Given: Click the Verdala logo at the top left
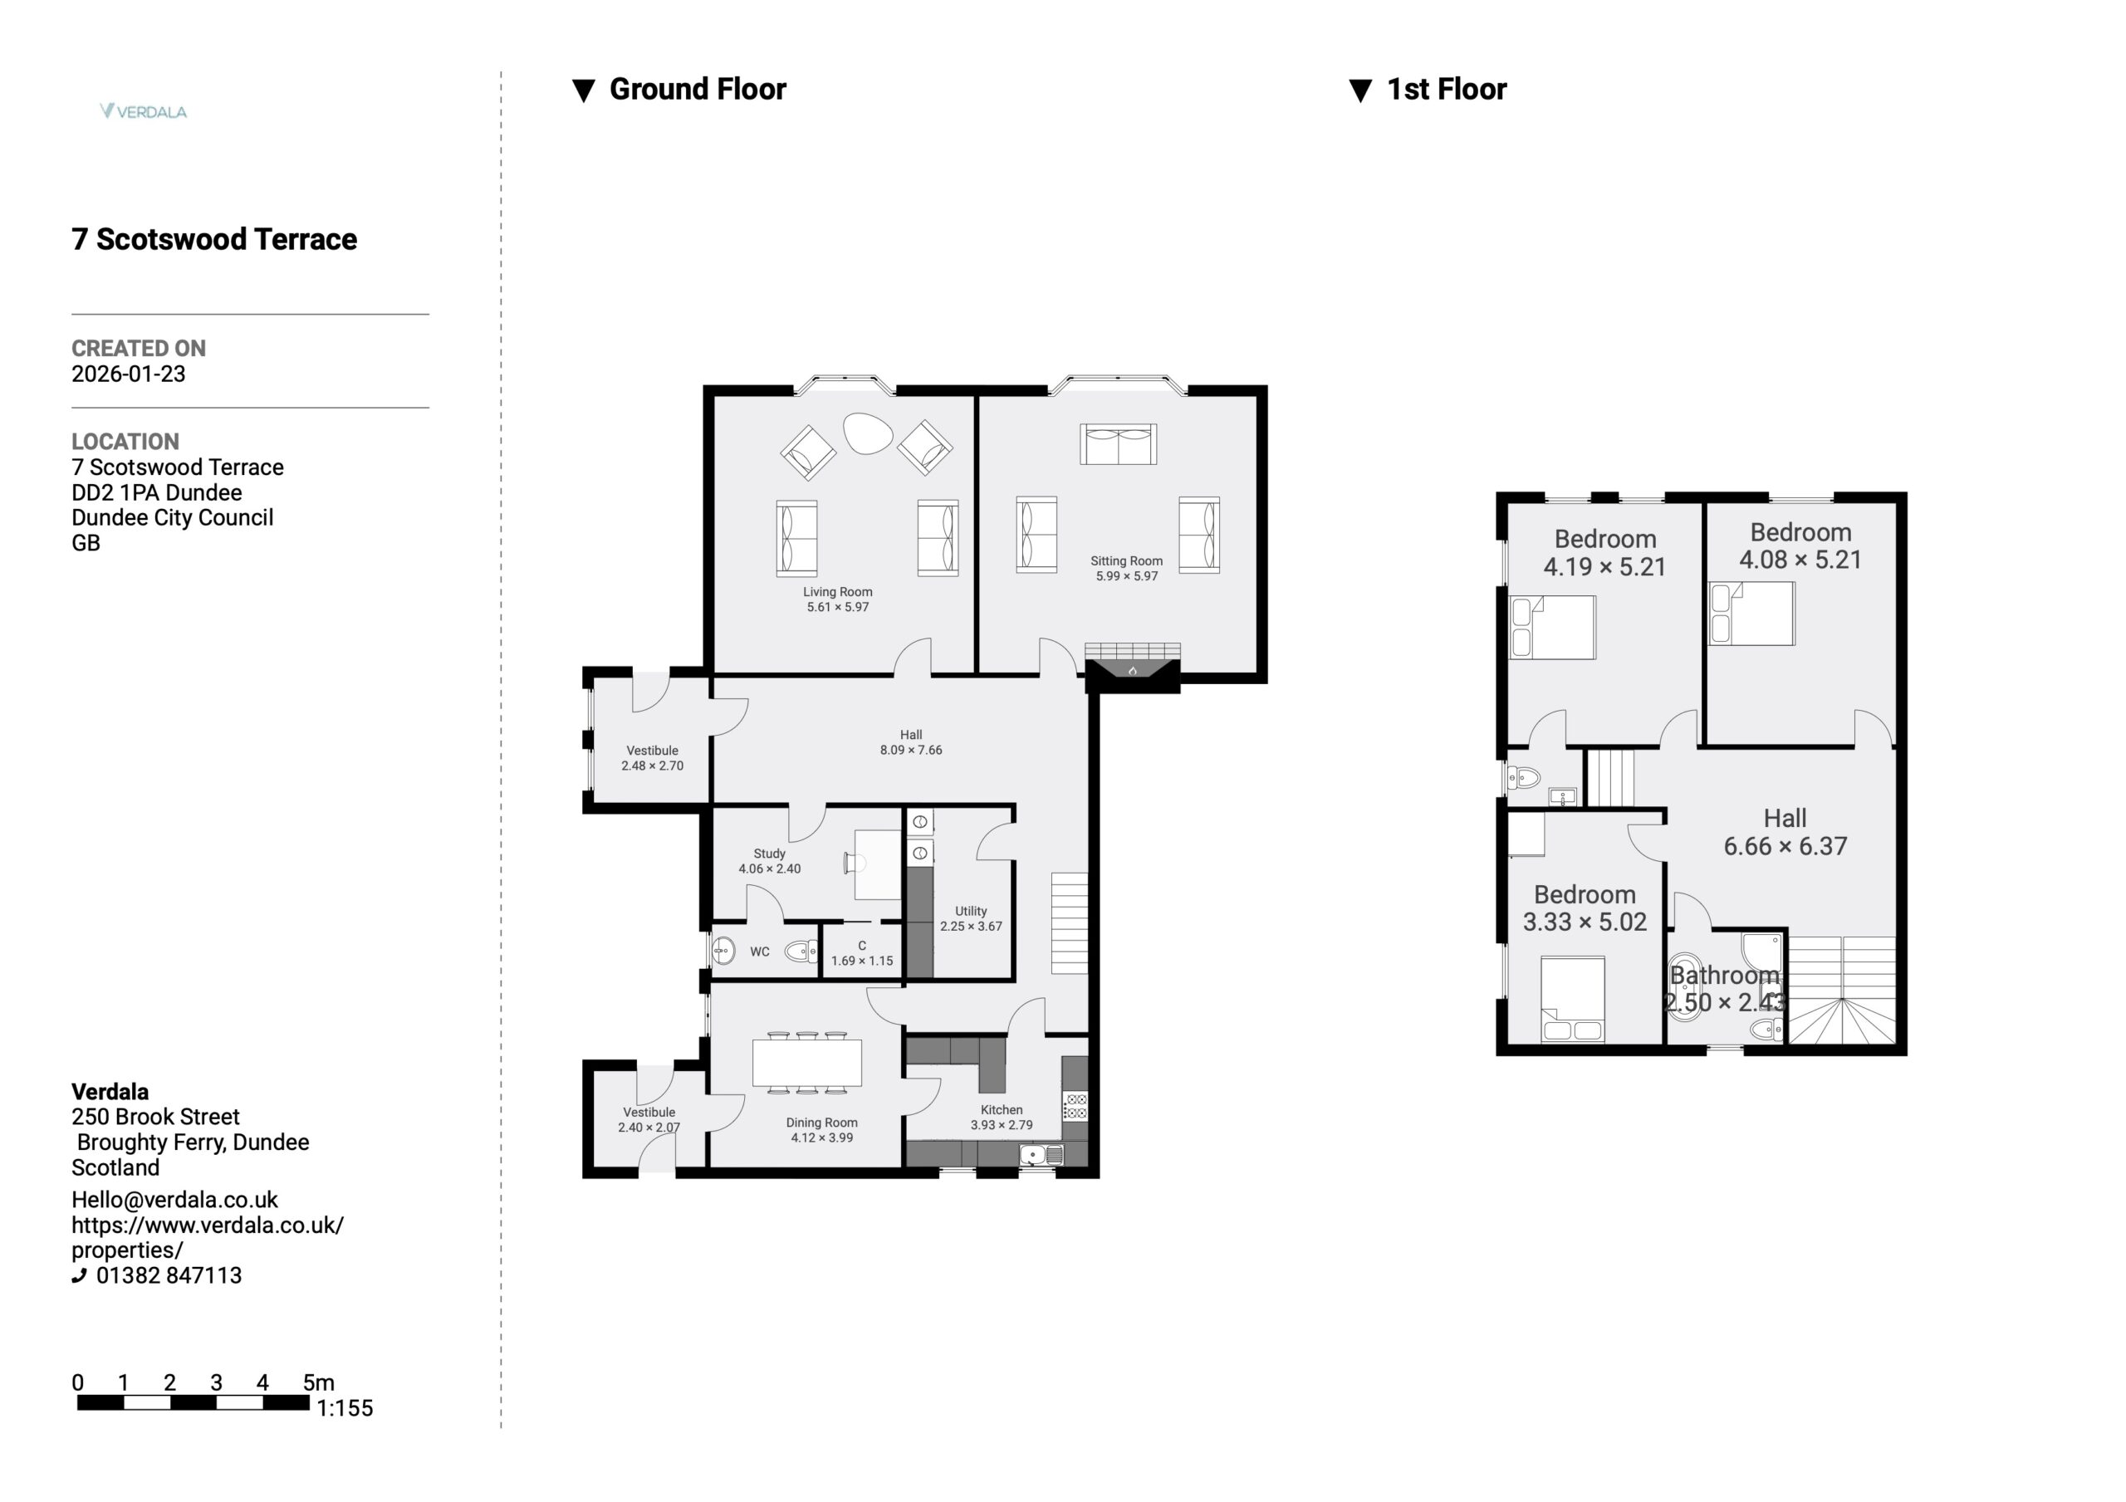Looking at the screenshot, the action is click(x=144, y=111).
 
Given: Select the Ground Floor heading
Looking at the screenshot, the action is click(x=698, y=89).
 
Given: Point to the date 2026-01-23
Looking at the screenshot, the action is click(x=129, y=374).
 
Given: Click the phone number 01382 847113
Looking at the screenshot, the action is click(x=169, y=1275).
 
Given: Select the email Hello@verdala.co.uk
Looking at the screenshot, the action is click(x=174, y=1200).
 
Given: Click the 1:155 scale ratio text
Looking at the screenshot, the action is click(x=345, y=1408).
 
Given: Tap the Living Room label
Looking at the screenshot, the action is click(x=837, y=592).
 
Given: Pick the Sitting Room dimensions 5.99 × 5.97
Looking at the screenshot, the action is click(x=1127, y=576).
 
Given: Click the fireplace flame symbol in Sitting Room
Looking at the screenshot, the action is click(x=1133, y=670).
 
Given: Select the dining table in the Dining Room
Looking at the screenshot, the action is click(x=807, y=1062).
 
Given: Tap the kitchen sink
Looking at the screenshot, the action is click(x=1041, y=1155).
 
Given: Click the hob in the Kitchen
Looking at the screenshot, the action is click(x=1075, y=1107).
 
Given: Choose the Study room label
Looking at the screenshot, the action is click(x=770, y=854).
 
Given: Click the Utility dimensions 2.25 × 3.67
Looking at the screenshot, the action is click(x=972, y=926).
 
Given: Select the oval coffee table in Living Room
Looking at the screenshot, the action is click(x=868, y=433).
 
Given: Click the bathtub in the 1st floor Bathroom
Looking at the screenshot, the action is click(x=1685, y=986).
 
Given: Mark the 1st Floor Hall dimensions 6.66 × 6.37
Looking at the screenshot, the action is click(x=1786, y=846).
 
